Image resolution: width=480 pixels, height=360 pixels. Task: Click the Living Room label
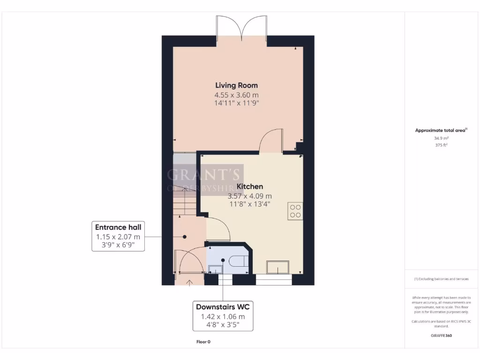point(236,85)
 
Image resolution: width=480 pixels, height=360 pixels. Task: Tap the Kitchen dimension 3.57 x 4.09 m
point(249,196)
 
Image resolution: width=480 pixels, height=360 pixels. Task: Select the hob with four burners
point(296,211)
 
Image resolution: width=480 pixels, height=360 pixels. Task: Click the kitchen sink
point(278,267)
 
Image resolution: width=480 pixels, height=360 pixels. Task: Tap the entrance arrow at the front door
point(189,282)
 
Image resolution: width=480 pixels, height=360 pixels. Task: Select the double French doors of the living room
point(241,27)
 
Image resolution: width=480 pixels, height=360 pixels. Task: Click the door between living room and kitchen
point(271,142)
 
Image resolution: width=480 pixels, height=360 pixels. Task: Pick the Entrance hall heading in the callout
point(118,227)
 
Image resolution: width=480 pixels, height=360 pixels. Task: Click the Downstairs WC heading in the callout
point(223,307)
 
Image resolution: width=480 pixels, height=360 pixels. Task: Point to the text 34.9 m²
point(441,138)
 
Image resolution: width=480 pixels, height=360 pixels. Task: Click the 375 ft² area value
point(441,145)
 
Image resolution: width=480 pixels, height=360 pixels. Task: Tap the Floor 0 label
point(203,342)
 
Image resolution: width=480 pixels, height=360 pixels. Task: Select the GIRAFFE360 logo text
point(441,336)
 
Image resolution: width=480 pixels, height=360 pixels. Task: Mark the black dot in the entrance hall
point(185,237)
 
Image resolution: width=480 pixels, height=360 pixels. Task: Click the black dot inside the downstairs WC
point(223,260)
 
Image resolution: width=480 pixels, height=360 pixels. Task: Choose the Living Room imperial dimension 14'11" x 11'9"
point(236,103)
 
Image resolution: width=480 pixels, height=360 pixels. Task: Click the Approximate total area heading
point(441,130)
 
